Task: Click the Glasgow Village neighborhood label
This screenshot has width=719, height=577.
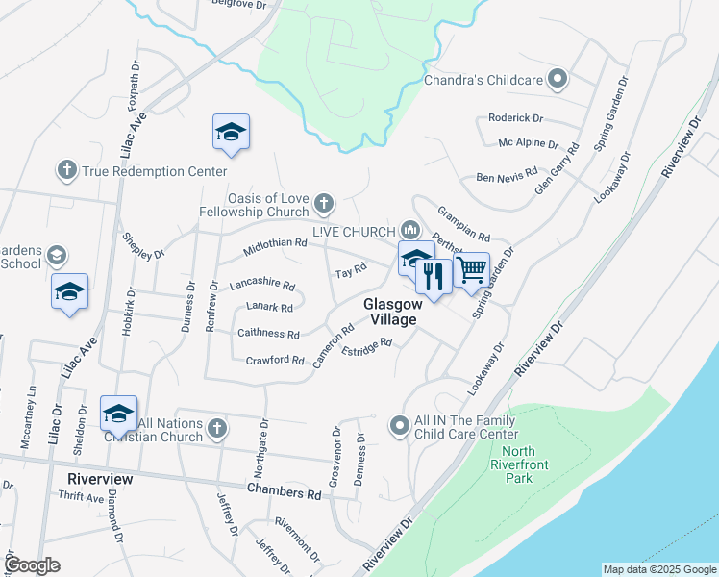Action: click(390, 312)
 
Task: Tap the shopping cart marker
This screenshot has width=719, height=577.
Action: click(471, 271)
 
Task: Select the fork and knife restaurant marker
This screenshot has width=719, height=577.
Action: click(434, 277)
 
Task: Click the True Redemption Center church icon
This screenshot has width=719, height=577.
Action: click(66, 171)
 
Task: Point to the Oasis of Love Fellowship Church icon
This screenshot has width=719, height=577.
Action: click(324, 203)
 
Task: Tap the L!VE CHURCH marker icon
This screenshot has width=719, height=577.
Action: click(410, 231)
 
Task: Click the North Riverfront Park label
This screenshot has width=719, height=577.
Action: click(518, 464)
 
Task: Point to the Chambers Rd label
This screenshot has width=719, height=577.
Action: click(284, 490)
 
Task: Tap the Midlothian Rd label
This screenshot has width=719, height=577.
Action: click(275, 244)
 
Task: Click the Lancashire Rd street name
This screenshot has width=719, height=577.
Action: click(261, 286)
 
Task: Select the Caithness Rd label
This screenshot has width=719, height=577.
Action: click(268, 334)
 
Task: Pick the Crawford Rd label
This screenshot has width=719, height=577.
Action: click(275, 361)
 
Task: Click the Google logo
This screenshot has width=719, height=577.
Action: click(33, 565)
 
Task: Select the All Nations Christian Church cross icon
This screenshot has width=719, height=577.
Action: click(217, 427)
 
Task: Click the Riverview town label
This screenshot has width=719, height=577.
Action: click(99, 478)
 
